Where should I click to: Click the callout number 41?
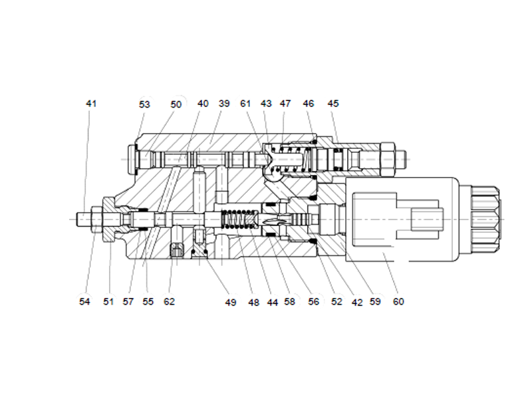coord(91,104)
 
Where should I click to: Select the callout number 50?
coord(176,104)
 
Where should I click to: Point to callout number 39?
coord(224,104)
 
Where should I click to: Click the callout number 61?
coord(246,104)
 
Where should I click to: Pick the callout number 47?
coord(285,104)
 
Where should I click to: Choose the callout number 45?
coord(333,104)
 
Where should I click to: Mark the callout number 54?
coord(84,301)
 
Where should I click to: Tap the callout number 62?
coord(169,301)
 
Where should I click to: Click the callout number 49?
coord(230,303)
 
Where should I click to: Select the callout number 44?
coord(272,303)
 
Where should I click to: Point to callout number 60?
coord(398,301)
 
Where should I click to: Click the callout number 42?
coord(357,301)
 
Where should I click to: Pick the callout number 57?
coord(128,301)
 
